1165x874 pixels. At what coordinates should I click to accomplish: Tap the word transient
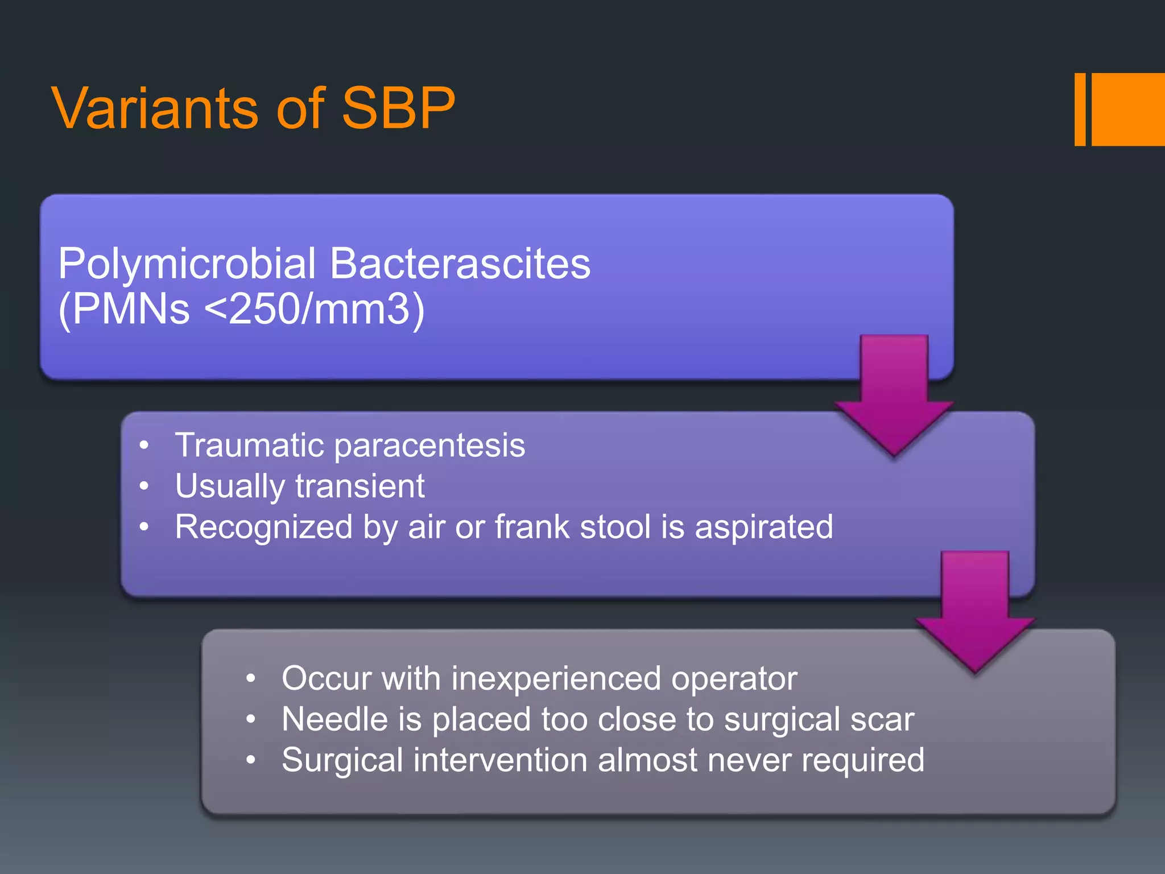(360, 487)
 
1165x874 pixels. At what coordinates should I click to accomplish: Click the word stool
(615, 527)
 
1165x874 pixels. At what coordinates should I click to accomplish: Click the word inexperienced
(555, 679)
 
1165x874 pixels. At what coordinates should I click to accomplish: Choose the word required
(862, 761)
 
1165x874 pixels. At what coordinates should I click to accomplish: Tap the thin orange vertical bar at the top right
(1080, 109)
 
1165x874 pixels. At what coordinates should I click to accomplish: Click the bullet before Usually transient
(144, 487)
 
